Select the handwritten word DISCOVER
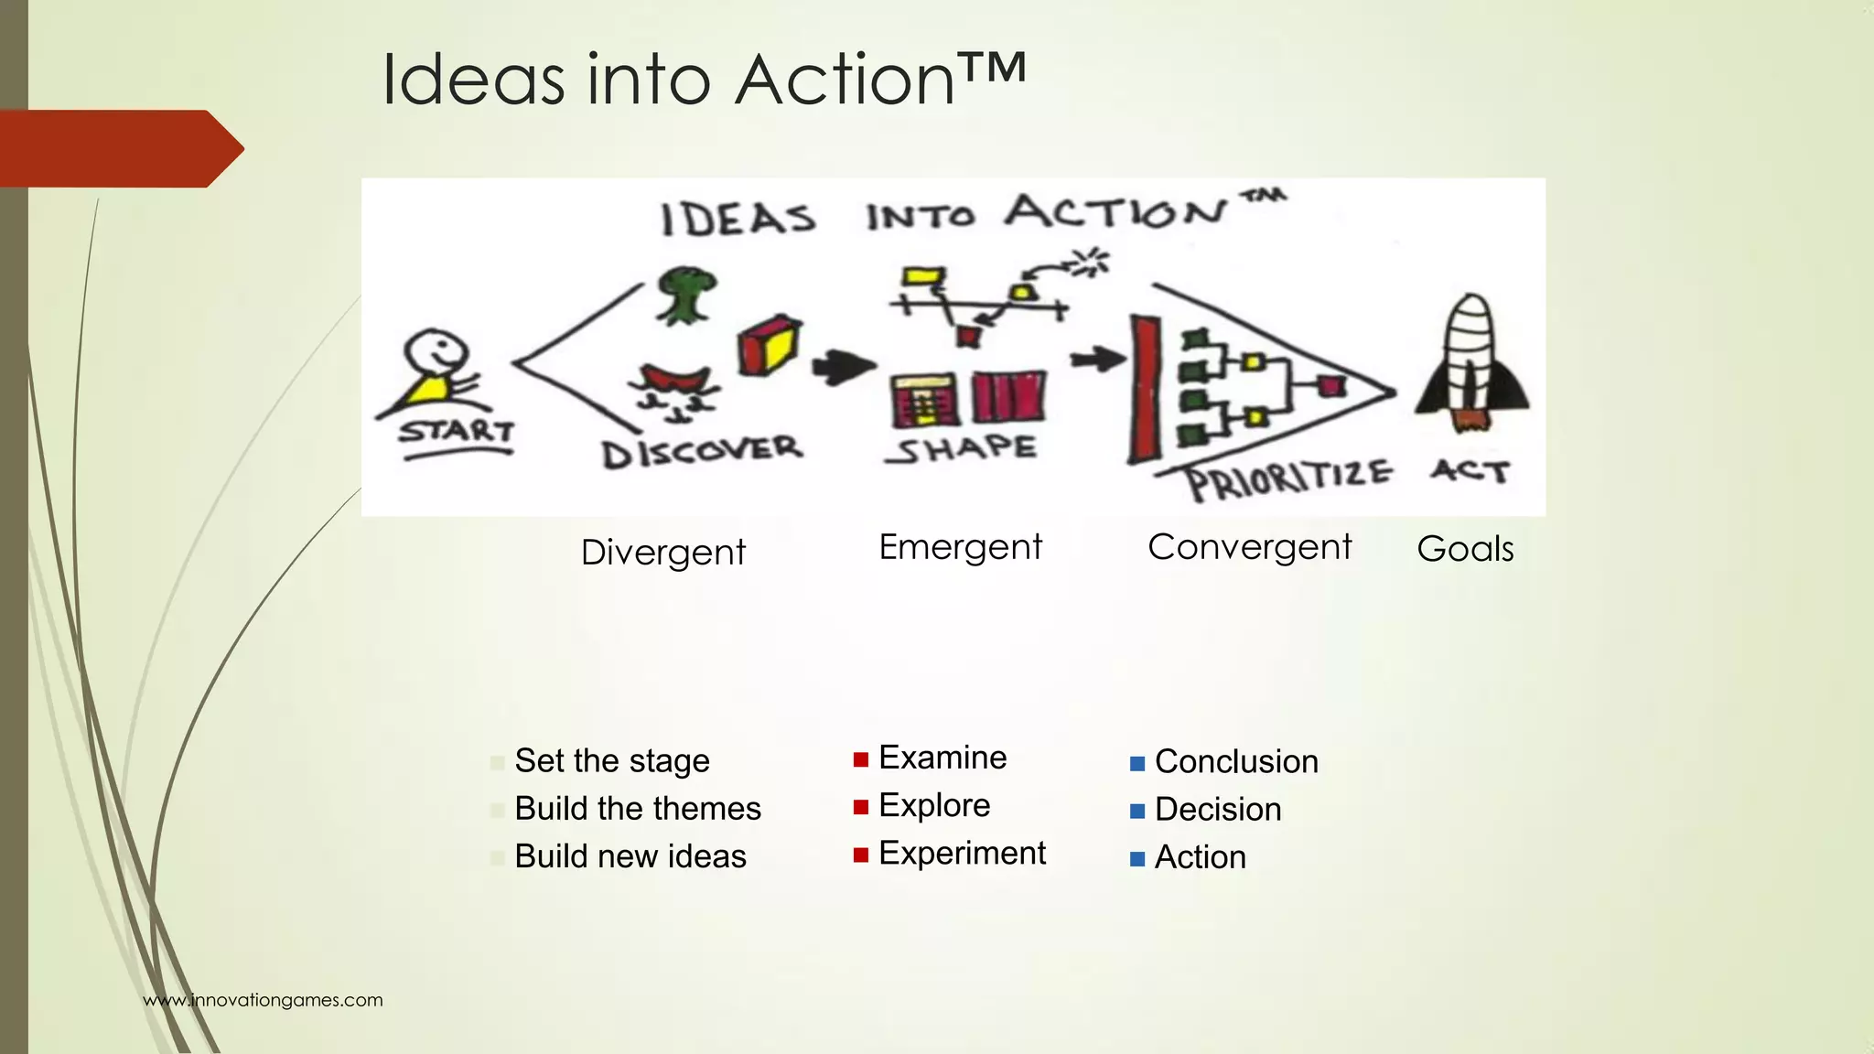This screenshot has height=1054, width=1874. [x=702, y=450]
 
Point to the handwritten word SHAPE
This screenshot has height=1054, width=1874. [x=962, y=448]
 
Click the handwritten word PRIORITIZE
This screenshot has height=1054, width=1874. [x=1288, y=479]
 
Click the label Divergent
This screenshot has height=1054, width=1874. [x=663, y=553]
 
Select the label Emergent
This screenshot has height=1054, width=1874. [x=960, y=547]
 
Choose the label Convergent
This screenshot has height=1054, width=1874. [x=1249, y=547]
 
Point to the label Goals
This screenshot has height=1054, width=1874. [x=1465, y=549]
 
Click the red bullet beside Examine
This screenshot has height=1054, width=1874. [x=860, y=759]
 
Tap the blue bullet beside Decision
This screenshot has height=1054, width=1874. [x=1137, y=812]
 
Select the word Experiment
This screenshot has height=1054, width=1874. [x=962, y=853]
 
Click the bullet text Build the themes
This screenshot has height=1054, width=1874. [x=638, y=809]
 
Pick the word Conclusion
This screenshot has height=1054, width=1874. [x=1236, y=761]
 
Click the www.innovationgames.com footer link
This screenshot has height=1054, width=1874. [x=263, y=1000]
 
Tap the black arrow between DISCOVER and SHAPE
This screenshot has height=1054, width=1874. [x=843, y=367]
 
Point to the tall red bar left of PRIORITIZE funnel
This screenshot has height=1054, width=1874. [x=1144, y=389]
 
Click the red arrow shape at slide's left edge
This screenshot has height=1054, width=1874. [x=119, y=148]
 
